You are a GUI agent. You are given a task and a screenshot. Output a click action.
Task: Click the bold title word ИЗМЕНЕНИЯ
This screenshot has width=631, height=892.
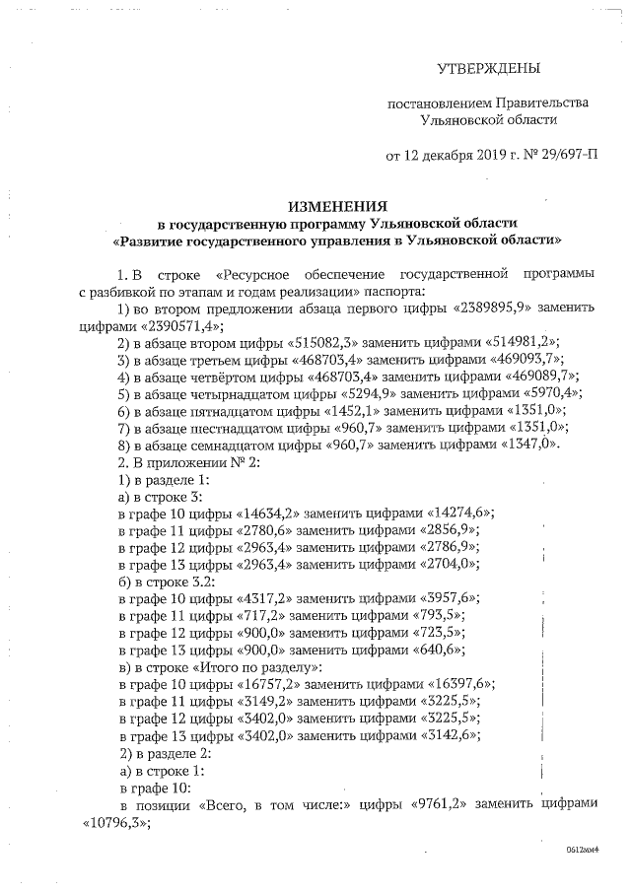point(336,207)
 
